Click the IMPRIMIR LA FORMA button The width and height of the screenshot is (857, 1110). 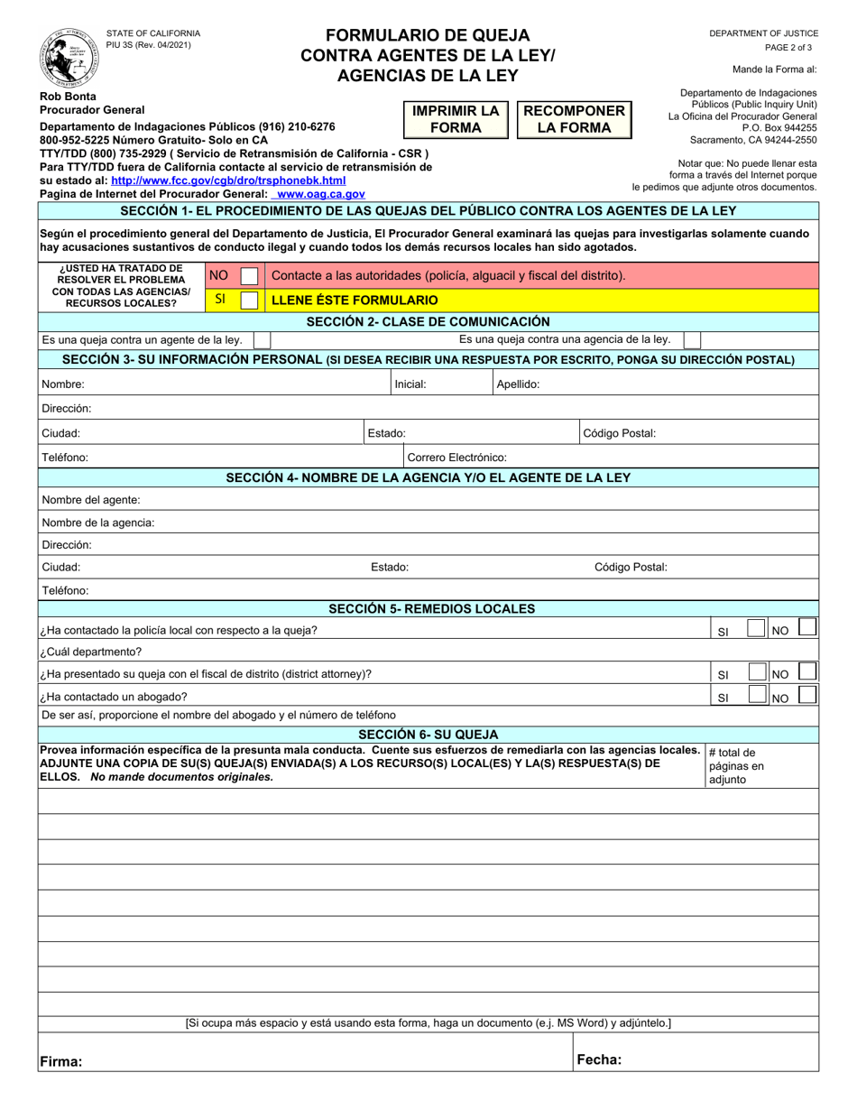(x=456, y=119)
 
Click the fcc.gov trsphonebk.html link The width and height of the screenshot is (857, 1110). (x=228, y=180)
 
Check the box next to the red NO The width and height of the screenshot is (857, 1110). (x=249, y=275)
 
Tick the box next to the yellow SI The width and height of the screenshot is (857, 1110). (x=249, y=300)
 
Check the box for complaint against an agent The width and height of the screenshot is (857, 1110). (x=262, y=340)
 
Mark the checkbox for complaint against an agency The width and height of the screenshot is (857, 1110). (x=691, y=340)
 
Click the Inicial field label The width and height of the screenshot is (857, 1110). (x=410, y=384)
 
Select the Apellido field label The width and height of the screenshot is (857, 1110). (x=519, y=384)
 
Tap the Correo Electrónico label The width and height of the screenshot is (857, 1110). (x=457, y=458)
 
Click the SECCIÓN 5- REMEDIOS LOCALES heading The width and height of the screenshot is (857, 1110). (x=431, y=609)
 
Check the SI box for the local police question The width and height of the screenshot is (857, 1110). (x=758, y=629)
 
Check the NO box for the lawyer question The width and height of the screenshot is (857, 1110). (x=809, y=695)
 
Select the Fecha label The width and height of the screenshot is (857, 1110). (x=599, y=1060)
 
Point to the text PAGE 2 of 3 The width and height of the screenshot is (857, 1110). (x=788, y=48)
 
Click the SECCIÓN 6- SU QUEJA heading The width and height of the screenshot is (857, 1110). (x=428, y=735)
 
